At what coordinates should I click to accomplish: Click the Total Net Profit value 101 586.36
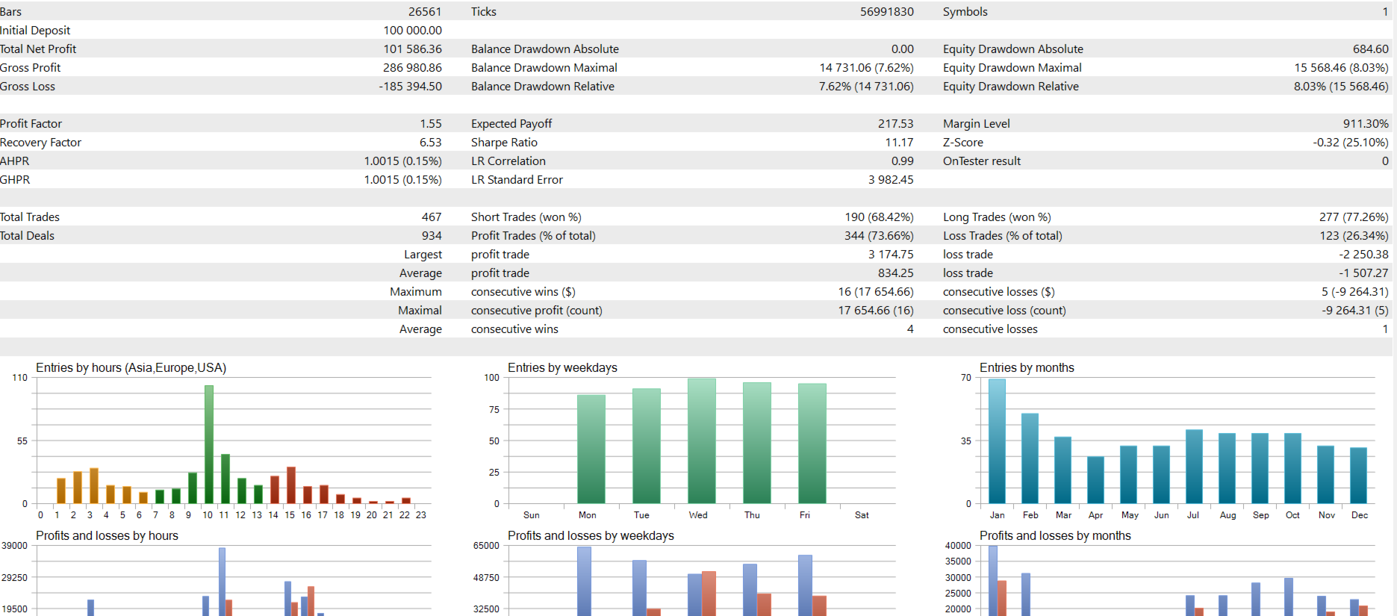tap(412, 49)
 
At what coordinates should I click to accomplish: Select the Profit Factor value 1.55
tap(430, 124)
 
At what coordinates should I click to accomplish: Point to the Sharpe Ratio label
tap(504, 143)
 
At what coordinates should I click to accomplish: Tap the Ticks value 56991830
tap(886, 12)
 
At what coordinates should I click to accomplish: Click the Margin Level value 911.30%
tap(1366, 124)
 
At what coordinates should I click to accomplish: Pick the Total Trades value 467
tap(431, 217)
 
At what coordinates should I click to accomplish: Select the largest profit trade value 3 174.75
tap(890, 255)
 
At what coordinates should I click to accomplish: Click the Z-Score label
tap(962, 143)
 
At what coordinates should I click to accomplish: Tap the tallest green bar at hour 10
tap(209, 444)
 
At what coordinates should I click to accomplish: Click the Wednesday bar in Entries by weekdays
tap(701, 441)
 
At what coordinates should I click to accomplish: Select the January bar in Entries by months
tap(997, 441)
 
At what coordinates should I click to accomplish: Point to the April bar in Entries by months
tap(1095, 479)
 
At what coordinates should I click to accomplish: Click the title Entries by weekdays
tap(562, 368)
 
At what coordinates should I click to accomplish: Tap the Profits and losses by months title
tap(1054, 536)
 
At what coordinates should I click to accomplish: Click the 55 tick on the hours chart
tap(22, 441)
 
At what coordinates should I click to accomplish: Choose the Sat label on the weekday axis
tap(861, 515)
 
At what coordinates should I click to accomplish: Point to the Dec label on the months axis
tap(1359, 515)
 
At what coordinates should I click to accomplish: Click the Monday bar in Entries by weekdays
tap(591, 449)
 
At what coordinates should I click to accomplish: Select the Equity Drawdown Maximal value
tap(1341, 68)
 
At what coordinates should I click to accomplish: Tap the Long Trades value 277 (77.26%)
tap(1353, 217)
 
